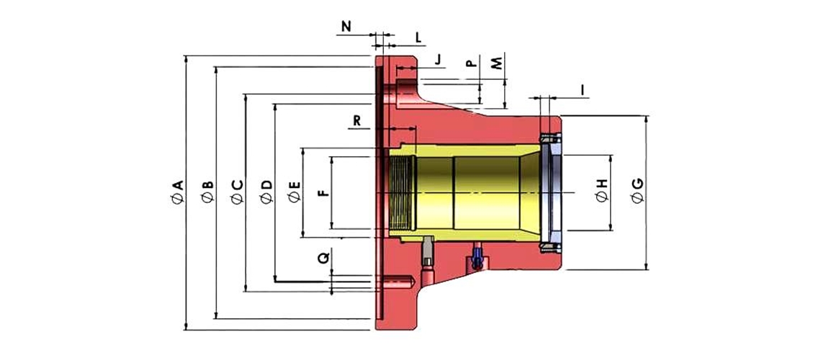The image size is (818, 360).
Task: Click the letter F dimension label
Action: tap(323, 192)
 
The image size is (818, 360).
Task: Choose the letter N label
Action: tap(346, 27)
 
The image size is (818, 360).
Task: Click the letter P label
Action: tap(471, 63)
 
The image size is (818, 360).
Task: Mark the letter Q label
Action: tap(325, 256)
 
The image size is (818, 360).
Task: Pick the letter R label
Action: tap(357, 121)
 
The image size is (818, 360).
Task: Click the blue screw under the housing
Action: tap(476, 257)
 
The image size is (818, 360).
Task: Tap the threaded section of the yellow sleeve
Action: tap(403, 193)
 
